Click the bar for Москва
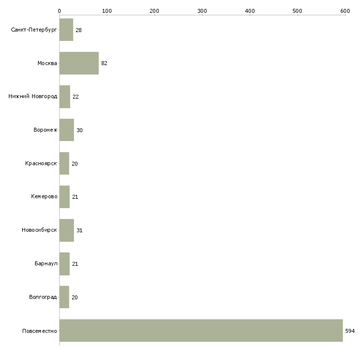pos(79,63)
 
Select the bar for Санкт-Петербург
pos(67,30)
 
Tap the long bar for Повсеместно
pos(201,330)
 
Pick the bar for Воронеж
pos(67,130)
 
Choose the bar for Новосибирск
pos(67,230)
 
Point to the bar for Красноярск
pos(64,163)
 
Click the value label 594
pos(350,331)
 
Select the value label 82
pos(104,63)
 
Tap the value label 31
pos(79,230)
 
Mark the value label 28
pos(78,30)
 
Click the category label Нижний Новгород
pos(33,96)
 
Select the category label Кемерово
pos(44,197)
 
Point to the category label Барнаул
pos(46,263)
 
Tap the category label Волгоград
pos(43,297)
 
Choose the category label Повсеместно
pos(39,331)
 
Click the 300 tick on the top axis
pos(202,15)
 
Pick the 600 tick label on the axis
pos(345,11)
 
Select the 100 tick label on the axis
pos(107,11)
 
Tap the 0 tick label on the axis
pos(60,11)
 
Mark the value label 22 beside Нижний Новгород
pos(75,97)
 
